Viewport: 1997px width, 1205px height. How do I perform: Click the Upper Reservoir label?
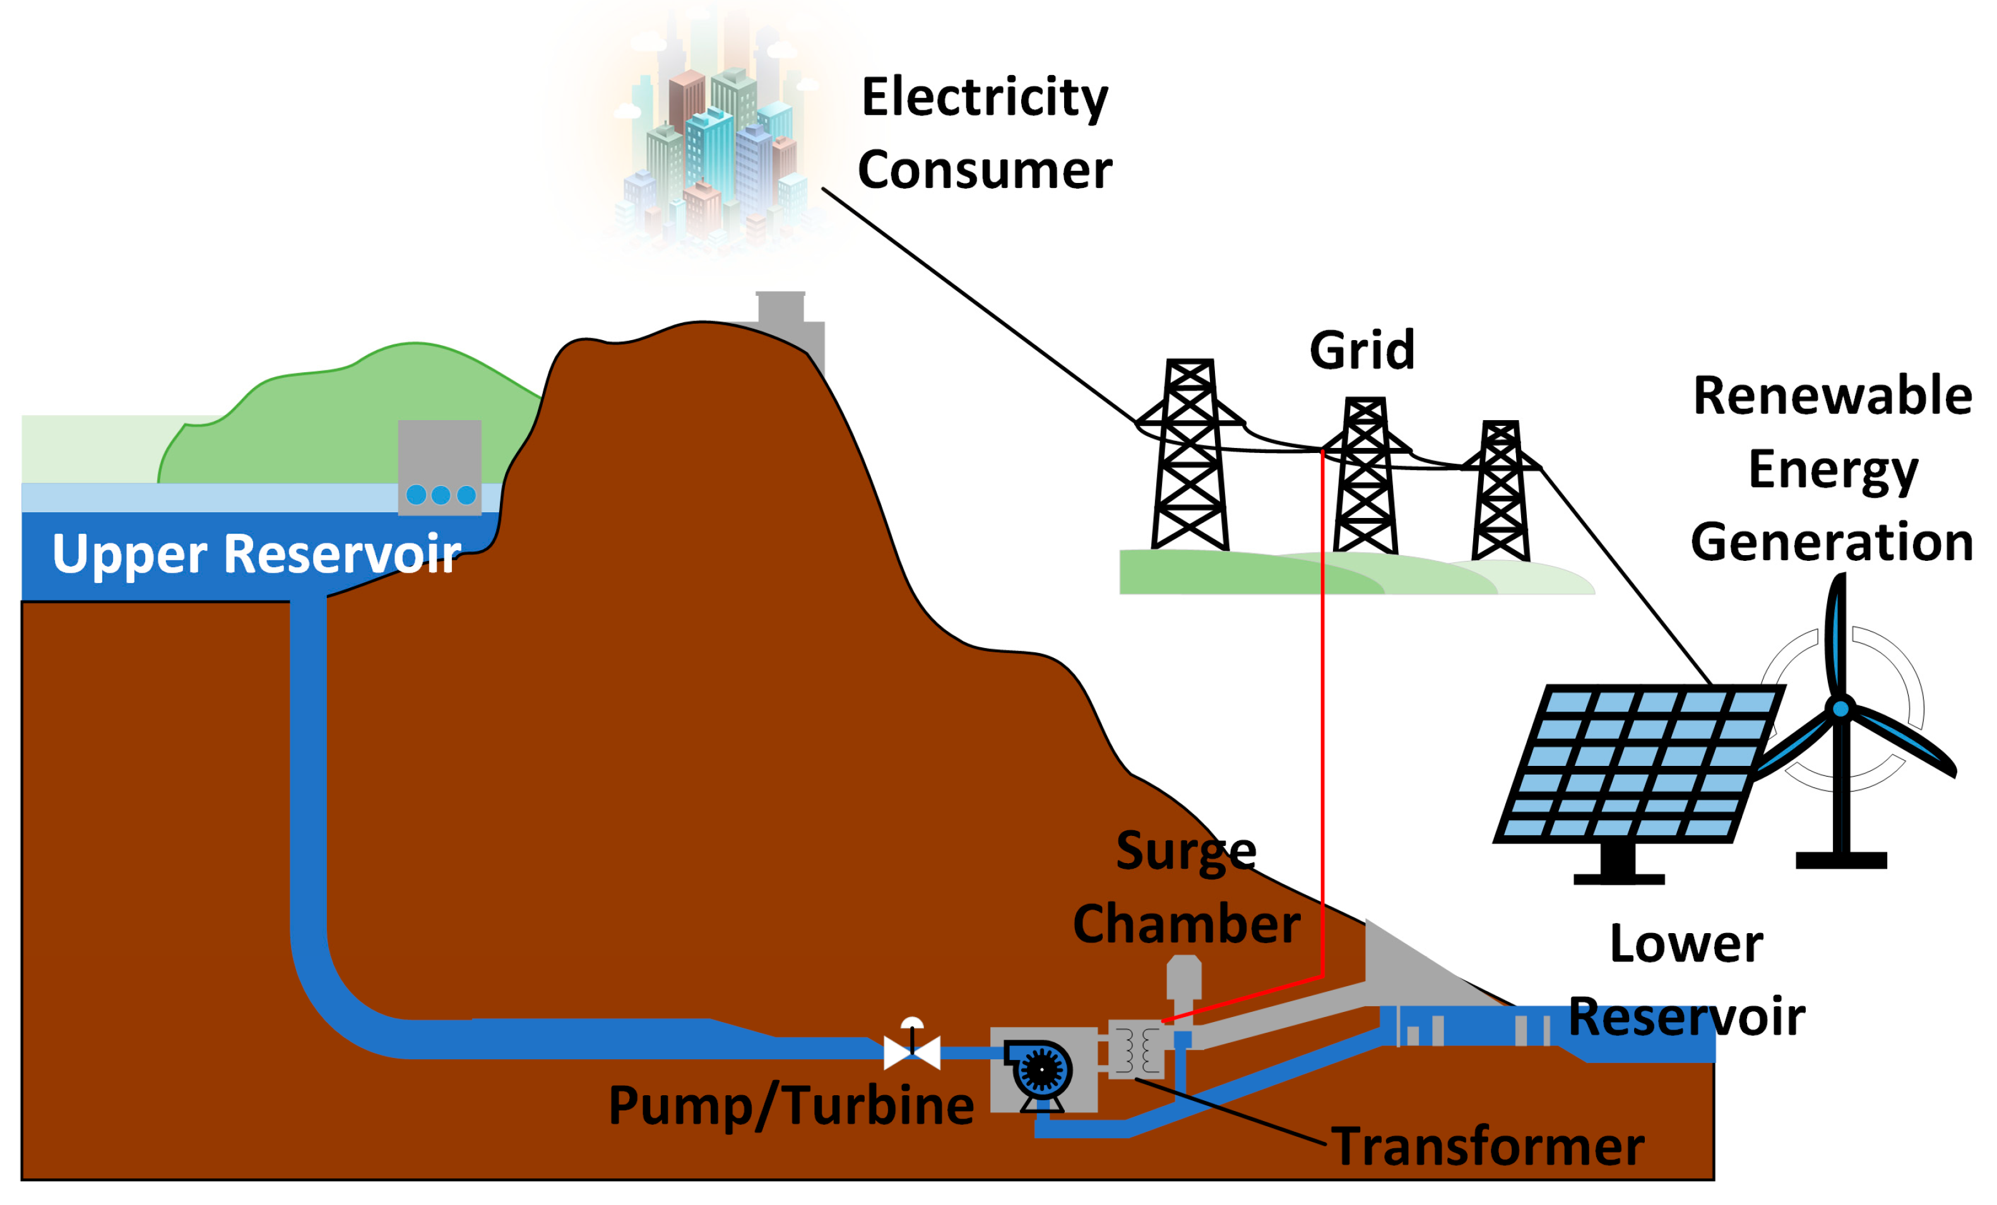(256, 555)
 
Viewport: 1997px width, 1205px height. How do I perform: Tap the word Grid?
(1361, 350)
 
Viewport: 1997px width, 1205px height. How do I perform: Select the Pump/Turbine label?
(790, 1105)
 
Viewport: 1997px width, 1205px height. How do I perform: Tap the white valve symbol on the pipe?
(912, 1051)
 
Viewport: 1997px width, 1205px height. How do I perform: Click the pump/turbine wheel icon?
(1041, 1069)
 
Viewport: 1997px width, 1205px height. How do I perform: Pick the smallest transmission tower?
(1500, 491)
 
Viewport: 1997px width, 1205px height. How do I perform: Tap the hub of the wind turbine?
(1840, 709)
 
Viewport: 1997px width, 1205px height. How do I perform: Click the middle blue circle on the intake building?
(441, 495)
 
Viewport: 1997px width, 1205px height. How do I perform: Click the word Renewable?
(1832, 396)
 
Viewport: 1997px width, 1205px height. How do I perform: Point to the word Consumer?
(985, 170)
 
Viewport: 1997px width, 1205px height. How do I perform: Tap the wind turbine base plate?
(1841, 860)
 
